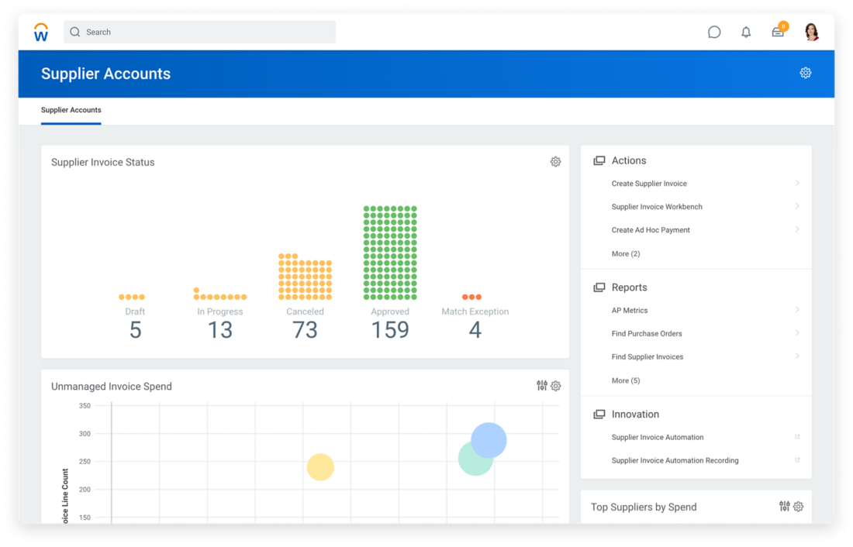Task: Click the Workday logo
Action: point(41,33)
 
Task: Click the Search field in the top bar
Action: point(200,33)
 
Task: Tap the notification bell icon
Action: point(746,33)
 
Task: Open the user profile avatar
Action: point(811,32)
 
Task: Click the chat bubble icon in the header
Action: point(714,33)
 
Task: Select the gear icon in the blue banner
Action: point(806,73)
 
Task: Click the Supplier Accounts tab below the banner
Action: point(71,110)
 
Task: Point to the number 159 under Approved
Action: point(390,330)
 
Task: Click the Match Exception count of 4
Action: point(475,330)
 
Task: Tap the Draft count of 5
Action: point(135,330)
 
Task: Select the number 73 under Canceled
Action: point(305,330)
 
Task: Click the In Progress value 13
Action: point(220,330)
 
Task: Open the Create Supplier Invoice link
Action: point(649,184)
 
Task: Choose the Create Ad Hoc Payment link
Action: point(651,230)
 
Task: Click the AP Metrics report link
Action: point(630,311)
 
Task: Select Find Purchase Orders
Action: point(647,334)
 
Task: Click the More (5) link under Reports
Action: point(626,380)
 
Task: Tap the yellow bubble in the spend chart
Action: point(320,467)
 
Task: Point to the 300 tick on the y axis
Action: point(85,434)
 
